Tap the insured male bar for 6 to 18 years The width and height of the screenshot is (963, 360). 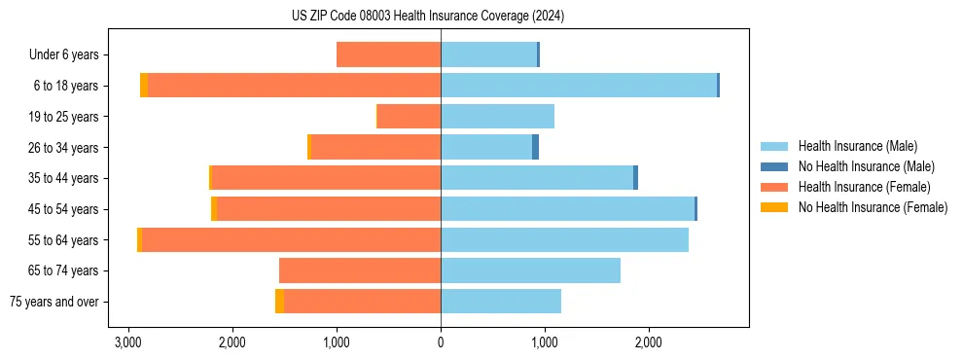579,86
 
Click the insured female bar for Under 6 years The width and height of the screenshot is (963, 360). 389,54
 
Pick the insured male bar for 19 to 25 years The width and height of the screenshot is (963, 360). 497,117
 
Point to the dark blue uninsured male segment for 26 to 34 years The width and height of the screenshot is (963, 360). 535,147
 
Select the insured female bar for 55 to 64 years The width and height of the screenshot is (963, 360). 291,239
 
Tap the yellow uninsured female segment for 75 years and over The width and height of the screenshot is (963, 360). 279,302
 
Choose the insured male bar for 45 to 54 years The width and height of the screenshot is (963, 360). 567,208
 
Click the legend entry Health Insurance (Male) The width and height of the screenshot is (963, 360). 857,146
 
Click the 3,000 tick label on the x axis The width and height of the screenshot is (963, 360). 128,342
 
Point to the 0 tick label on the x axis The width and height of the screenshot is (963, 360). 441,342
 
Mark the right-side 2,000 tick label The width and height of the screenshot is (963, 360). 649,342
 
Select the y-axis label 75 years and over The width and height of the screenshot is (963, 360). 53,302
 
